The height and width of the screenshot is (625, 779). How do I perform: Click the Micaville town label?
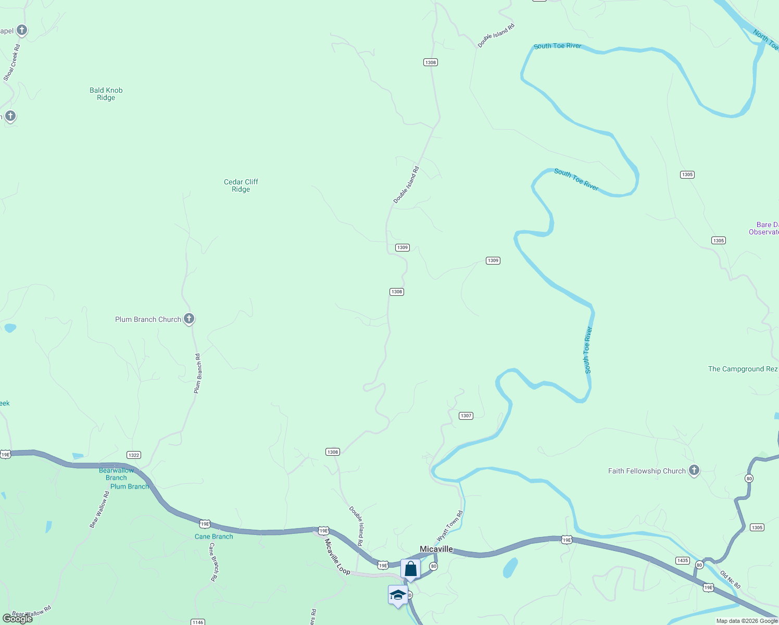[436, 549]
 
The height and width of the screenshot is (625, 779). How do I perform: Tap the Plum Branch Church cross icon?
[189, 319]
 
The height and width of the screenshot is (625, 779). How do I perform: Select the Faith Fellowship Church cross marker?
[694, 470]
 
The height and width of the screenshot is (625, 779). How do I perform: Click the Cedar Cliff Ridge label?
[241, 185]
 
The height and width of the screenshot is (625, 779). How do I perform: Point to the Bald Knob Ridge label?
[106, 94]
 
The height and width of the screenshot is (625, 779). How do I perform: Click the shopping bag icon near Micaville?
[410, 569]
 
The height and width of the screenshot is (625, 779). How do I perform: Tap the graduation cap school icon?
[398, 595]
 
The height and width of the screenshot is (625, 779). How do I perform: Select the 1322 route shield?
[134, 455]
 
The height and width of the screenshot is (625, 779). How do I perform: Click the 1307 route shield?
[466, 416]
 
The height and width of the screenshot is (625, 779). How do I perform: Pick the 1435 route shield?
[682, 560]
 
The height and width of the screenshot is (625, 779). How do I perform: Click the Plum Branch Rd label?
[197, 373]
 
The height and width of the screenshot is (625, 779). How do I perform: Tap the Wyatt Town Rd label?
[449, 526]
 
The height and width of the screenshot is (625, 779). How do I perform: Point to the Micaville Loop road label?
[337, 556]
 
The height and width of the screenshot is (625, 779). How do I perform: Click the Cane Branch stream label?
[213, 536]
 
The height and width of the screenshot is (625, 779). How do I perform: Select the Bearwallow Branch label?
[116, 474]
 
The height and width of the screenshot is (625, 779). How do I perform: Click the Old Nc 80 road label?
[730, 580]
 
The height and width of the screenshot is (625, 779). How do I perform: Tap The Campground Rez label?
[742, 369]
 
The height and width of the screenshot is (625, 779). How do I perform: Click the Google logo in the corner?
[18, 619]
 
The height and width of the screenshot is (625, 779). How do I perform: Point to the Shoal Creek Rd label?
[11, 63]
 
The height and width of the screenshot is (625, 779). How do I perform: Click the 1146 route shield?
[197, 622]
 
